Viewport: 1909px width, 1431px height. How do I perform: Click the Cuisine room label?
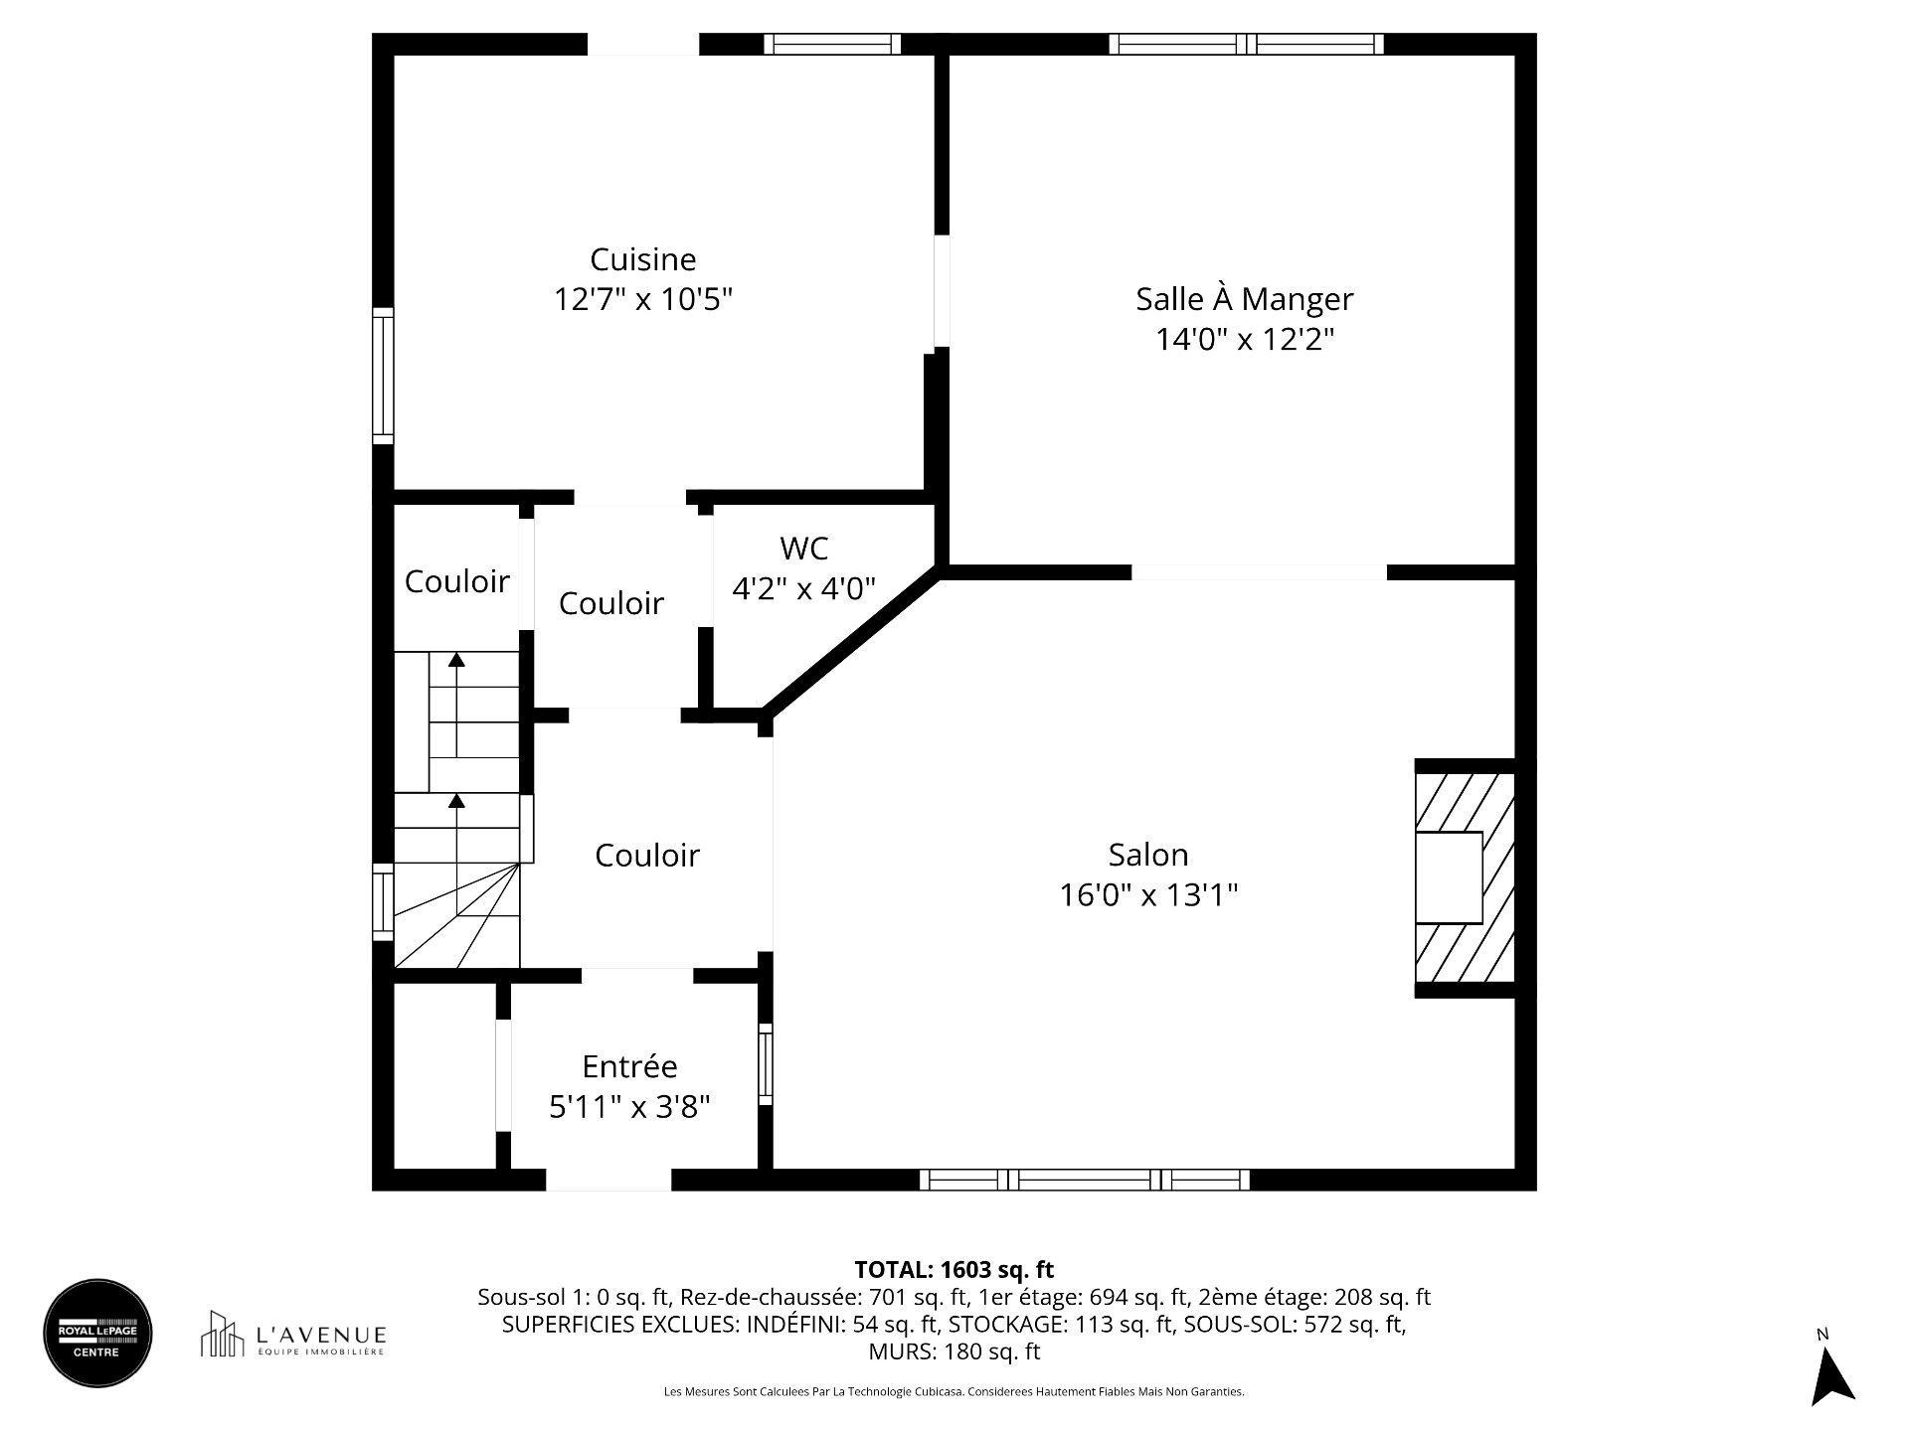click(642, 259)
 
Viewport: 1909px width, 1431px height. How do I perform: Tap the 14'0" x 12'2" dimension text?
click(1244, 340)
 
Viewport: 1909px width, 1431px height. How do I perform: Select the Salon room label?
click(1148, 855)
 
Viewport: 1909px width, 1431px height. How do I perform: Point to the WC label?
click(804, 548)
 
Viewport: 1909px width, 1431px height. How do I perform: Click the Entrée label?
click(629, 1066)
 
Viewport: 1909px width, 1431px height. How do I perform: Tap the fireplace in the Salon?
click(1465, 878)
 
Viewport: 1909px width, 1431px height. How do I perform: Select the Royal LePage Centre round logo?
click(97, 1333)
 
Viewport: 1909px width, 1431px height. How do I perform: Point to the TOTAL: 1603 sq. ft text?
click(954, 1269)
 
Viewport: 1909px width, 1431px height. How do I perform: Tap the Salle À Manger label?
click(1244, 299)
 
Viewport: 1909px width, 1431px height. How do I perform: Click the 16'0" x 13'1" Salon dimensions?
click(1148, 895)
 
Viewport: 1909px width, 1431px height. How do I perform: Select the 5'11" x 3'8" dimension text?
click(629, 1107)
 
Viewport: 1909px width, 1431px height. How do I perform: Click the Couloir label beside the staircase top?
click(456, 581)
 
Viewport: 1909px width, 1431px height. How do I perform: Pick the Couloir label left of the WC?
click(610, 603)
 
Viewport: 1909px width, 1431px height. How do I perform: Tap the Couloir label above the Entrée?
click(647, 856)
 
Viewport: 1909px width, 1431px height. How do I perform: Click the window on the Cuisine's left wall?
click(383, 376)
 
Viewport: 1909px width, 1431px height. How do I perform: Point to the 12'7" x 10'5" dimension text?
click(642, 299)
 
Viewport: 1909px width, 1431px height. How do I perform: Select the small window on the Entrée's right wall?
click(765, 1063)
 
